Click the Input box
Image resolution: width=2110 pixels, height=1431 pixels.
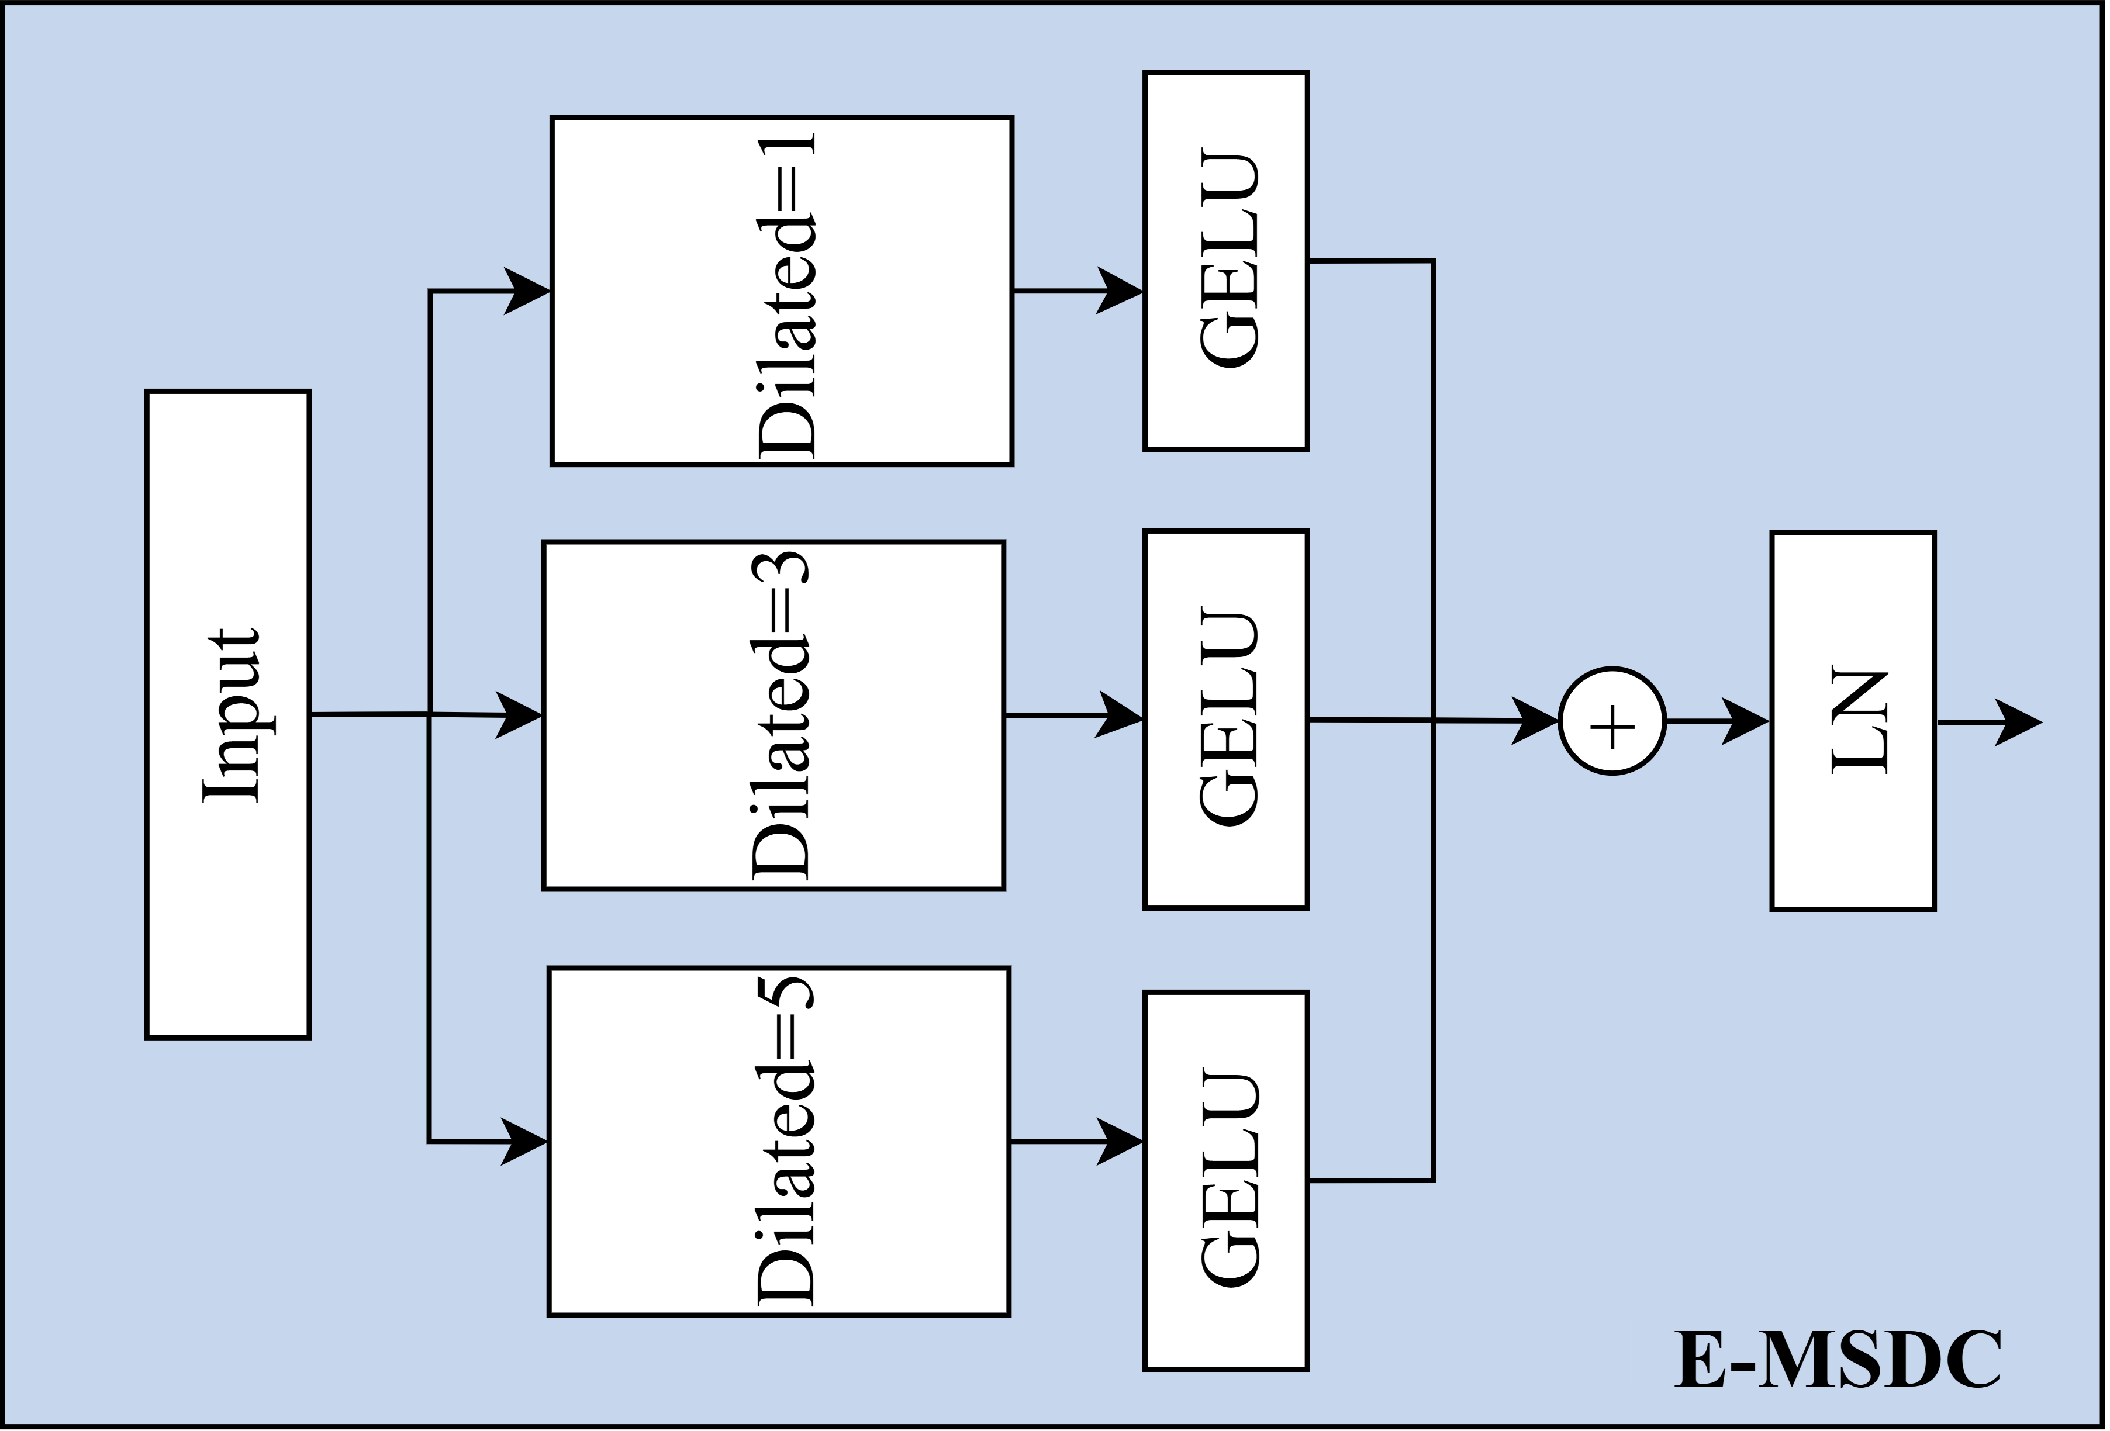[228, 714]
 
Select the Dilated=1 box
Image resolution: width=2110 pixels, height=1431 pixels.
[781, 291]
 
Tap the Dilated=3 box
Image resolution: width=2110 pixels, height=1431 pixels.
[773, 715]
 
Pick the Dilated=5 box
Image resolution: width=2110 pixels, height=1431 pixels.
[778, 1141]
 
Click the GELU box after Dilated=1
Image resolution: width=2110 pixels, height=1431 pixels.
[1225, 261]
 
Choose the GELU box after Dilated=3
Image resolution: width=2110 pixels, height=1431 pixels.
[1225, 719]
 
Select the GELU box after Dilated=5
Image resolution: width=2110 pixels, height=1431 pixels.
[1225, 1180]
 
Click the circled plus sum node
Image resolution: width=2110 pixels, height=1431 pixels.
[1612, 722]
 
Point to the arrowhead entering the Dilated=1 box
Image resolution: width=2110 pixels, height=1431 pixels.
[529, 292]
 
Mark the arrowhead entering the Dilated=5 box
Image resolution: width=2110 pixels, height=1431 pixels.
[527, 1141]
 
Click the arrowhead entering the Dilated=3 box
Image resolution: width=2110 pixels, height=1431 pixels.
[521, 715]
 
